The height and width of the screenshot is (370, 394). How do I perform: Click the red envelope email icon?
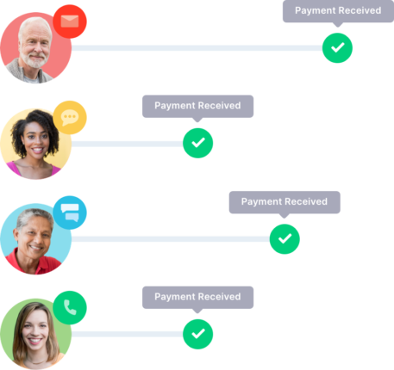point(70,22)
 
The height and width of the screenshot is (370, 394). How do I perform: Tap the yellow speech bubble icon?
point(70,118)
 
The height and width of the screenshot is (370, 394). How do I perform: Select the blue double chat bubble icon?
point(70,213)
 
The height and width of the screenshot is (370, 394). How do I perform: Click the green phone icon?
point(70,308)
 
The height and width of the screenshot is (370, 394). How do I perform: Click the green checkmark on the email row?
point(337,48)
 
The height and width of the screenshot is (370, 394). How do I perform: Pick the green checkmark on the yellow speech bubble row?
point(198,143)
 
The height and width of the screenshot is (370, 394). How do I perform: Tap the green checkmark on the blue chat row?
point(285,239)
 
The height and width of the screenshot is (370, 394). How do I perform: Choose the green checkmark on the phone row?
point(198,334)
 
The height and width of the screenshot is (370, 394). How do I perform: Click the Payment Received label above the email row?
point(338,10)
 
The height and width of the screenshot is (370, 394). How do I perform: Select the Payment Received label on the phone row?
point(197,297)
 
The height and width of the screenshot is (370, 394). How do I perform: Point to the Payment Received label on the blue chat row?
point(285,202)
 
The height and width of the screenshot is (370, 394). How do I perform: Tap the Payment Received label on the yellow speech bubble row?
point(197,106)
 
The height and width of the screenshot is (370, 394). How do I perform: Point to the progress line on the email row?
point(197,48)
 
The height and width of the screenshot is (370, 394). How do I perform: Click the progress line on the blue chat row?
point(171,239)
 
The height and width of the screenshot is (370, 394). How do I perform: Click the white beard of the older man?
point(35,61)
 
